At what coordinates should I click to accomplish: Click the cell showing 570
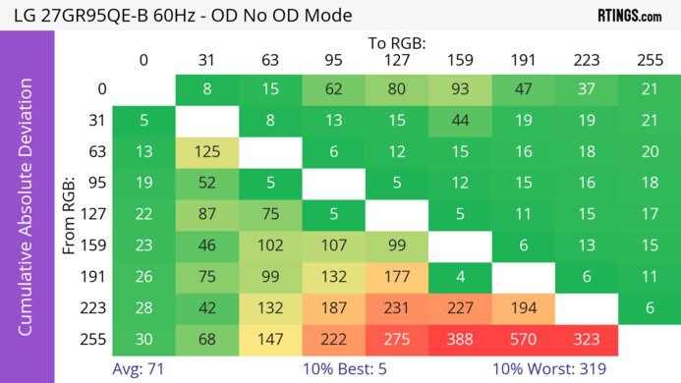[523, 339]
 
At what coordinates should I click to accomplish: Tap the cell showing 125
[207, 152]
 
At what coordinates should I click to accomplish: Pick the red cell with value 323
[587, 339]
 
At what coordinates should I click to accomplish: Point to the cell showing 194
[523, 307]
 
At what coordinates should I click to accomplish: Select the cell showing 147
[270, 339]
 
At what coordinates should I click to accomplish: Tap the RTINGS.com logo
[629, 16]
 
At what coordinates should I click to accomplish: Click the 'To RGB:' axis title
[396, 43]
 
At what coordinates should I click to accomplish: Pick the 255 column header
[650, 61]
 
